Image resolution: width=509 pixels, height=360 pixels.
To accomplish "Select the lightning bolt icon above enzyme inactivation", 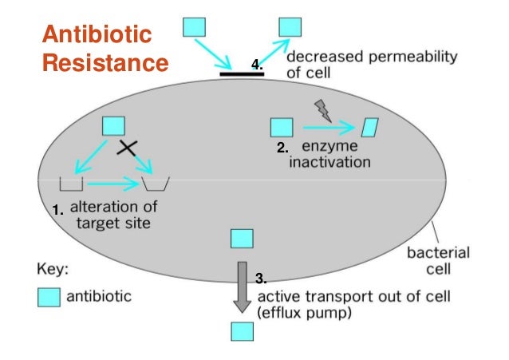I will [322, 109].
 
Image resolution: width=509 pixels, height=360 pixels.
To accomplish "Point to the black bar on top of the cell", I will [242, 73].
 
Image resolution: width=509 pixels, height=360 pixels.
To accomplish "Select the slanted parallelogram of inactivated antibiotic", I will [371, 127].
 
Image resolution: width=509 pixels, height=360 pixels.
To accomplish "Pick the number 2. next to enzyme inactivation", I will [282, 148].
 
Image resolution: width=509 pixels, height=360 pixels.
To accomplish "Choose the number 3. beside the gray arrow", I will [260, 278].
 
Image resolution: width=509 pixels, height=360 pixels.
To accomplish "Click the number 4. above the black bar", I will [256, 63].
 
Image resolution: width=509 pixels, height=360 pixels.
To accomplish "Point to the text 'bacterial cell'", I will [438, 261].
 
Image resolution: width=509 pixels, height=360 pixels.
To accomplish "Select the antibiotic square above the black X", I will [114, 126].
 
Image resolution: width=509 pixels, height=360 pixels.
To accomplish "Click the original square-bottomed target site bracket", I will [73, 185].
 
